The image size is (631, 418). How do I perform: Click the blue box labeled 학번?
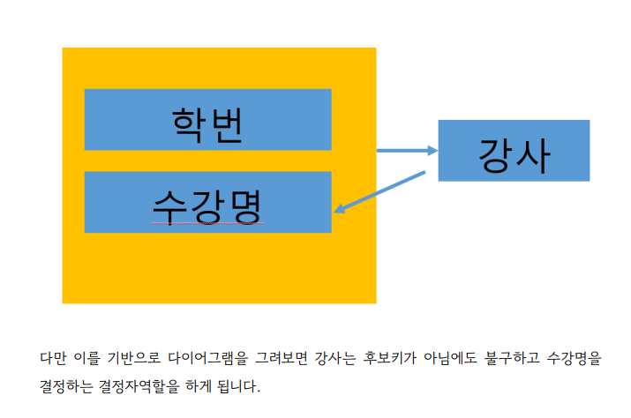pos(207,119)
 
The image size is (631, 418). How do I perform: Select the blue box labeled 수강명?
pos(207,202)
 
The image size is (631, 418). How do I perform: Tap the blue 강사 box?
pos(514,151)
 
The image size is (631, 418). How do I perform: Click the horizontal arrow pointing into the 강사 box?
pos(406,151)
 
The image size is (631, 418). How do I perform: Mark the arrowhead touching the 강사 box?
pos(432,151)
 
